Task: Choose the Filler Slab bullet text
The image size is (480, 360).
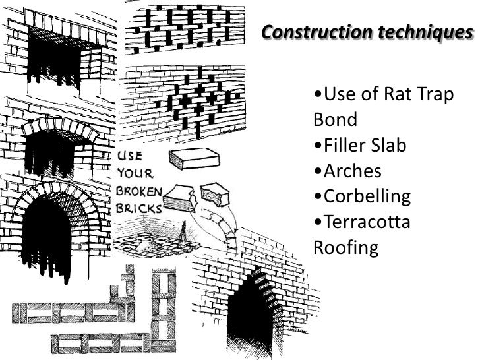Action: (x=360, y=145)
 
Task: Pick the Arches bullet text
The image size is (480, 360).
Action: (x=349, y=171)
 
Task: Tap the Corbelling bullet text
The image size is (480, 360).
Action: (x=363, y=196)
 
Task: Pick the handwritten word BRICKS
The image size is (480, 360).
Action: (x=140, y=207)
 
